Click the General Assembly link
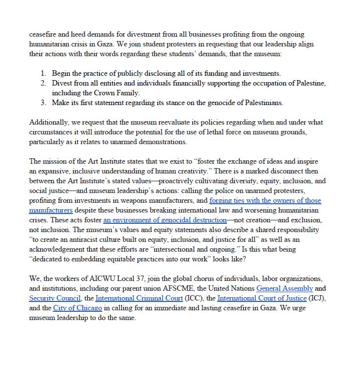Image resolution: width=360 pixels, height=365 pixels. (285, 288)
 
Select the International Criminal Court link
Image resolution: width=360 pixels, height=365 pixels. (139, 298)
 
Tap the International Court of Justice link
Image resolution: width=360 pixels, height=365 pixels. (262, 298)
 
